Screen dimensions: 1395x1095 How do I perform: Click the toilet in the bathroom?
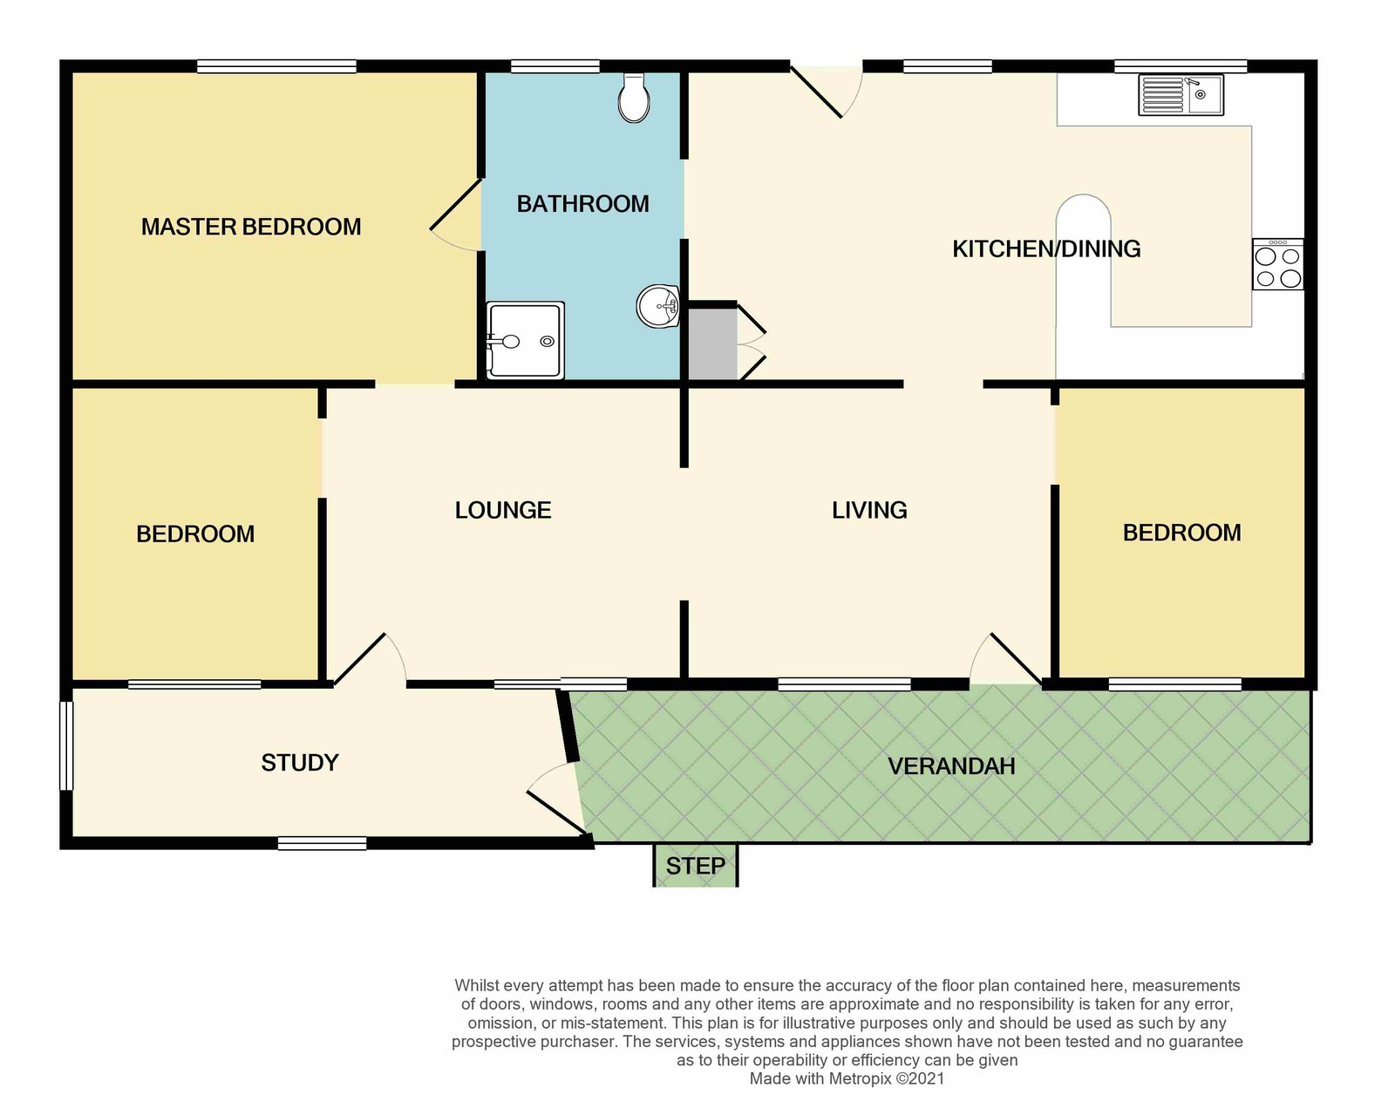pyautogui.click(x=634, y=98)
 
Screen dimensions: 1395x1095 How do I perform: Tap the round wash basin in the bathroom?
pyautogui.click(x=658, y=307)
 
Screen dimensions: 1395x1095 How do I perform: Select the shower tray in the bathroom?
pyautogui.click(x=525, y=340)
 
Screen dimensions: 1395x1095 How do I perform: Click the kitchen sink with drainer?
pyautogui.click(x=1181, y=95)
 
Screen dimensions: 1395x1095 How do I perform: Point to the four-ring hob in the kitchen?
pyautogui.click(x=1277, y=264)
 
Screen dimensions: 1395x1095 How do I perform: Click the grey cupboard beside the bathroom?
pyautogui.click(x=712, y=343)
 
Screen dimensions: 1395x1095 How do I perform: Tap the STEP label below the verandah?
pyautogui.click(x=695, y=867)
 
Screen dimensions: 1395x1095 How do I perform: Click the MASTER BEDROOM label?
pyautogui.click(x=251, y=227)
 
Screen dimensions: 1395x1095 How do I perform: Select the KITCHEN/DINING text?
pyautogui.click(x=1046, y=249)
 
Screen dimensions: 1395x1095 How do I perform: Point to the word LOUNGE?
pyautogui.click(x=503, y=510)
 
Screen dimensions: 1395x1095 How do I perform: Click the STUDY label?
pyautogui.click(x=300, y=763)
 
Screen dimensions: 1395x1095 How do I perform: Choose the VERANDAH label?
pyautogui.click(x=951, y=765)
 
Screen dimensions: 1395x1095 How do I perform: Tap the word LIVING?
pyautogui.click(x=869, y=510)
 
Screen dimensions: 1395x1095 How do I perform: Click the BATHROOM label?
pyautogui.click(x=583, y=204)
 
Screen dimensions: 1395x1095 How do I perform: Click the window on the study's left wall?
pyautogui.click(x=66, y=745)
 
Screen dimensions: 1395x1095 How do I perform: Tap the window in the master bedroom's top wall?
pyautogui.click(x=276, y=66)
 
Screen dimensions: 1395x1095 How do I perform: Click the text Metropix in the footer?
pyautogui.click(x=858, y=1078)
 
